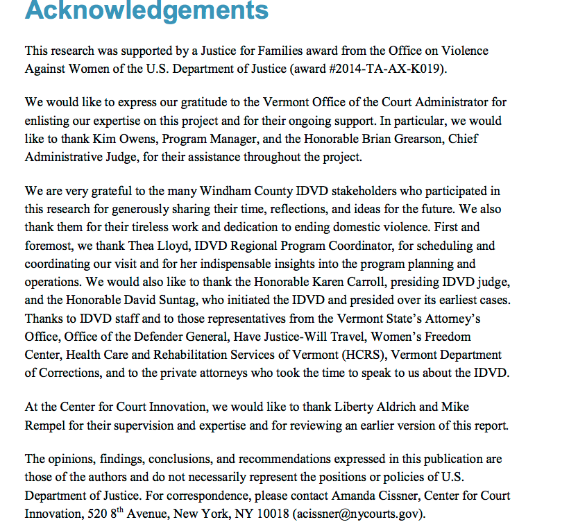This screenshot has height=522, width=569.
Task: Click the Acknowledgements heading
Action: click(146, 10)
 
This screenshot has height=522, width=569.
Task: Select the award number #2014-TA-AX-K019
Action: click(385, 69)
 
